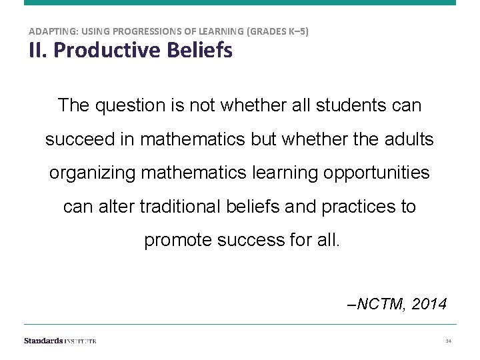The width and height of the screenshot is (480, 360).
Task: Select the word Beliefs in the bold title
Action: tap(201, 50)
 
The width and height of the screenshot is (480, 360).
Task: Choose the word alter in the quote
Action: tap(118, 207)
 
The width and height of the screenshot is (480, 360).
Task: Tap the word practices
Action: tap(359, 207)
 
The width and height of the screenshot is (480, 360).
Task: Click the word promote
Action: tap(178, 240)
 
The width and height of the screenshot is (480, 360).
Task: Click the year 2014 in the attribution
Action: tap(429, 305)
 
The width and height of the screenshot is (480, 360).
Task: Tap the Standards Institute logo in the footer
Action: tap(60, 341)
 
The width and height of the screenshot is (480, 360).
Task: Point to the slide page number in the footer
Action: tap(449, 341)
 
